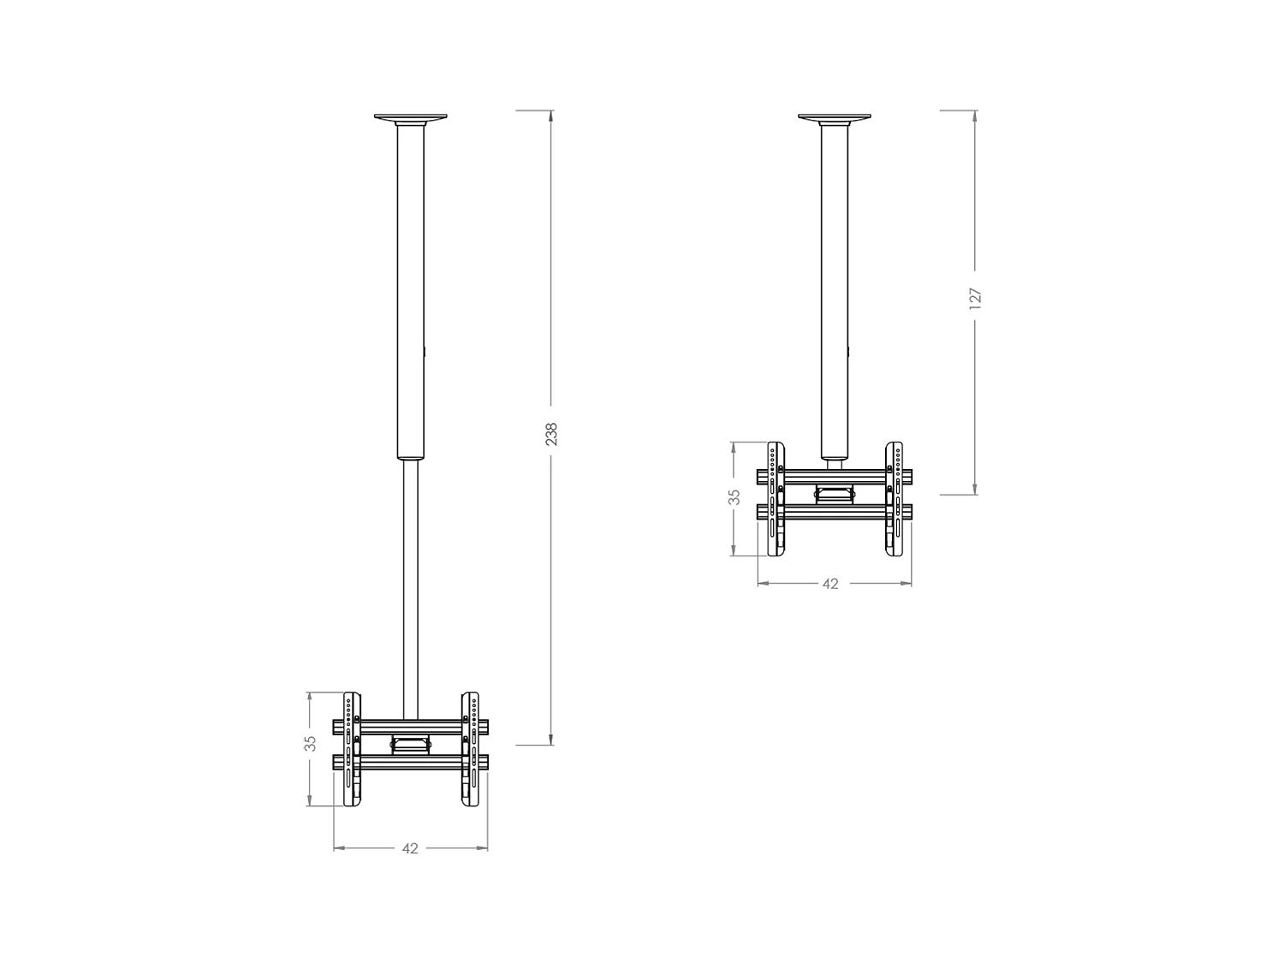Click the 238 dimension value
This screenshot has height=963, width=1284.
click(x=551, y=434)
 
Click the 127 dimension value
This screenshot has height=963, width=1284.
click(x=975, y=297)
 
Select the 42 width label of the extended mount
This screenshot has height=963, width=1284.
click(x=410, y=848)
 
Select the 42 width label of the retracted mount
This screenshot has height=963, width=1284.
click(x=829, y=584)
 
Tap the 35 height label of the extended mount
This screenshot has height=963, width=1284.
click(x=310, y=743)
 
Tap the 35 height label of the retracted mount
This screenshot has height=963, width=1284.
click(x=734, y=497)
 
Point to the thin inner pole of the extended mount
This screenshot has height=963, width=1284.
click(x=410, y=591)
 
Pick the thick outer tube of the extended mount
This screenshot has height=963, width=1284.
click(x=411, y=291)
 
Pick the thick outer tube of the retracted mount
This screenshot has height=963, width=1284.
click(x=834, y=291)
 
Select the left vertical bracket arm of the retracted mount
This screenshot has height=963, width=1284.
click(x=776, y=499)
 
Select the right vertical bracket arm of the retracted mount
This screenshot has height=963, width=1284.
click(x=894, y=499)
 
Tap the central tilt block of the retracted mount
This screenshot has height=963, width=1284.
click(x=834, y=493)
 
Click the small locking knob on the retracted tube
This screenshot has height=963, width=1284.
click(x=849, y=351)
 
